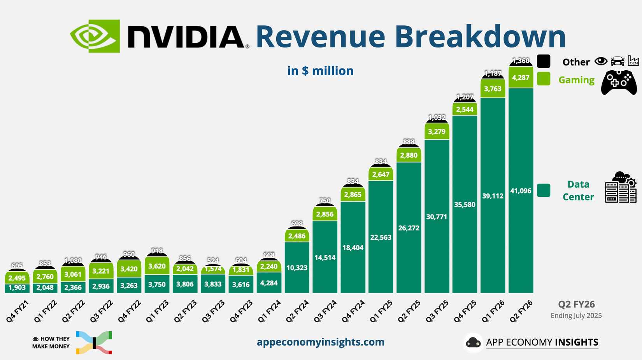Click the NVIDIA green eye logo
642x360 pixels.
[95, 36]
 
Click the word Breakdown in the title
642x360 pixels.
[480, 37]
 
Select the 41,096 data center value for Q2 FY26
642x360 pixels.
[521, 191]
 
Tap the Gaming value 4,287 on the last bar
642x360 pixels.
[521, 77]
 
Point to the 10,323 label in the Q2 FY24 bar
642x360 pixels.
[297, 268]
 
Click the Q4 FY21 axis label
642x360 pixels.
[18, 311]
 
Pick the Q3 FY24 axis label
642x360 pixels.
[325, 311]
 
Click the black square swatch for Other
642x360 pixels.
[544, 61]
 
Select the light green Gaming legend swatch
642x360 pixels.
[544, 79]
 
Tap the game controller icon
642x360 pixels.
[619, 82]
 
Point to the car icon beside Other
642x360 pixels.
[617, 61]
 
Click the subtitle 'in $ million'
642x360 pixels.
[320, 71]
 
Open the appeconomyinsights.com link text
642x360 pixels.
[320, 342]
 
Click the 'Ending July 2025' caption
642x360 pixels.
[576, 316]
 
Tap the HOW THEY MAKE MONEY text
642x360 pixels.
[51, 342]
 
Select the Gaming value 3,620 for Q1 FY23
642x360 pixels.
[157, 266]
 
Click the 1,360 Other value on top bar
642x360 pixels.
[521, 61]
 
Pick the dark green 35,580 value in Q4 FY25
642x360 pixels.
[465, 205]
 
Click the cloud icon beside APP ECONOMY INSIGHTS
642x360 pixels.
[473, 342]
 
